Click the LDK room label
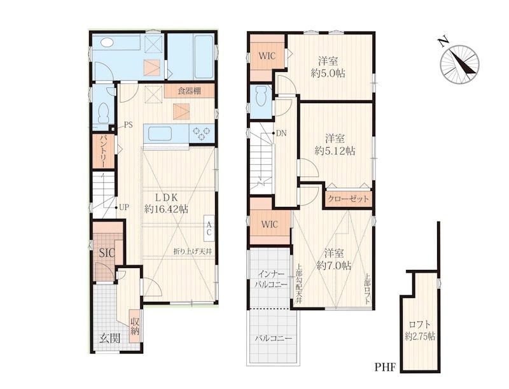pyautogui.click(x=165, y=198)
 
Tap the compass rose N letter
pyautogui.click(x=443, y=41)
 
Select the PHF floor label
pyautogui.click(x=386, y=367)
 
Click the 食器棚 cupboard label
pyautogui.click(x=189, y=91)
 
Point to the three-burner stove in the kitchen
pyautogui.click(x=201, y=133)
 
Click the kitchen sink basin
pyautogui.click(x=160, y=133)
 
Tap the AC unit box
pyautogui.click(x=209, y=229)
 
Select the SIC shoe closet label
pyautogui.click(x=107, y=253)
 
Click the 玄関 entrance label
pyautogui.click(x=109, y=338)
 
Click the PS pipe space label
pyautogui.click(x=129, y=125)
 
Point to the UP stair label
pyautogui.click(x=124, y=207)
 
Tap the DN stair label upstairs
pyautogui.click(x=281, y=133)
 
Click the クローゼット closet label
pyautogui.click(x=348, y=199)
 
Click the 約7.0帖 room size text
pyautogui.click(x=334, y=266)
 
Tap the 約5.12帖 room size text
pyautogui.click(x=335, y=151)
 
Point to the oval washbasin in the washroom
pyautogui.click(x=107, y=42)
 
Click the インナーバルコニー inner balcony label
pyautogui.click(x=270, y=279)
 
